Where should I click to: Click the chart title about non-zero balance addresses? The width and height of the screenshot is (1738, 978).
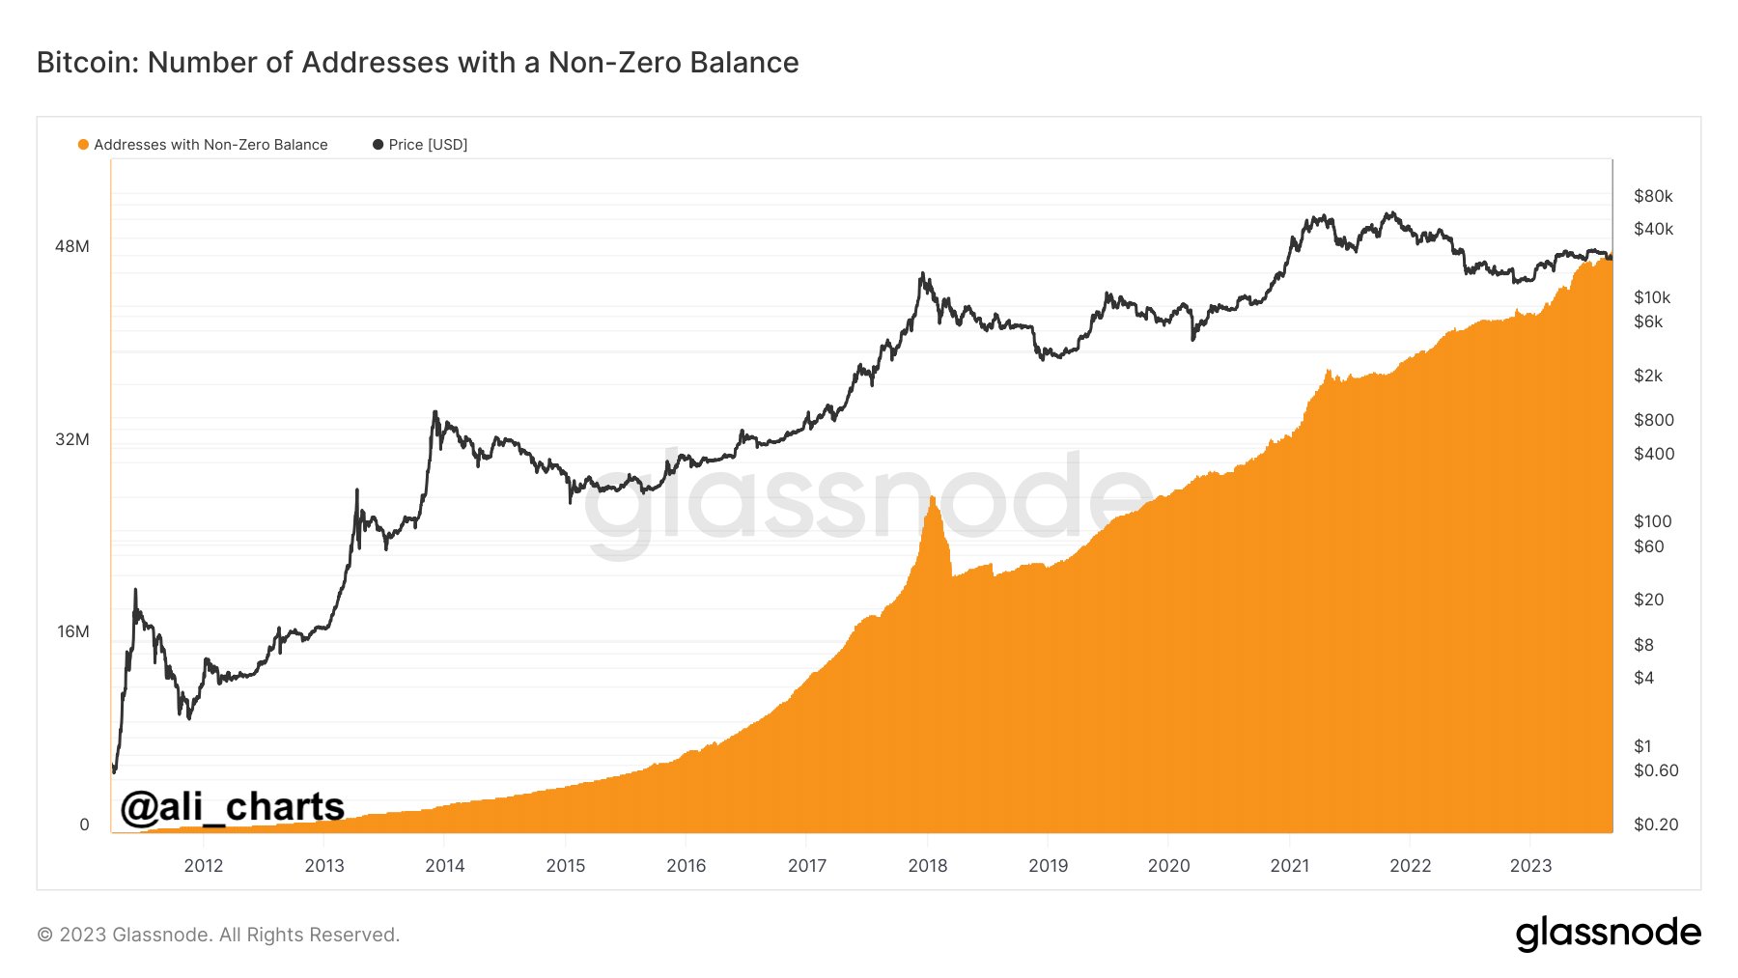coord(417,63)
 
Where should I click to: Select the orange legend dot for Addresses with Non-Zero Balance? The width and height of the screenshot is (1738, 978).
coord(83,145)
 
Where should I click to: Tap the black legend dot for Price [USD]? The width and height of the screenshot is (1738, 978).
coord(378,145)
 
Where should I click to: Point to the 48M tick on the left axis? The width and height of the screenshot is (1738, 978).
coord(72,246)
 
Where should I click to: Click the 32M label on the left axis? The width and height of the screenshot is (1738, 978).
coord(72,439)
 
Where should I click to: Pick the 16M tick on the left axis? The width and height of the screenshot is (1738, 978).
coord(72,631)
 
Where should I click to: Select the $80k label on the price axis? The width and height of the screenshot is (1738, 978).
coord(1653,196)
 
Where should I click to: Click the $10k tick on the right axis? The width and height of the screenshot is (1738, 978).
coord(1652,297)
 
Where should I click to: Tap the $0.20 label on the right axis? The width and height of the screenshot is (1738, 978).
coord(1656,824)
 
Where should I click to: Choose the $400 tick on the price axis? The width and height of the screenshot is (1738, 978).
coord(1654,454)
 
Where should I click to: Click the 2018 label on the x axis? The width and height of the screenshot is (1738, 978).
coord(928,866)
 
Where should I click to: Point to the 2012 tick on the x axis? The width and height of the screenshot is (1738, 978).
coord(204,866)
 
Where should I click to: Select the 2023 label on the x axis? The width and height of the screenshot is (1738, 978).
coord(1530,866)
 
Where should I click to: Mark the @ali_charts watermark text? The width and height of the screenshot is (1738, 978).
coord(232,806)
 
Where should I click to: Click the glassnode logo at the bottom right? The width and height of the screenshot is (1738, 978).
coord(1608,934)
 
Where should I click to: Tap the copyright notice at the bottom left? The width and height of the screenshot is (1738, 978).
coord(218,935)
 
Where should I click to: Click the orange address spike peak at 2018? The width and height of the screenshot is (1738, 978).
coord(933,497)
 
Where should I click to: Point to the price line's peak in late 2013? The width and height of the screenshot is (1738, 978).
coord(435,412)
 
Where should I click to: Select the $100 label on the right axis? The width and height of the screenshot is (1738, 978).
coord(1652,521)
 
